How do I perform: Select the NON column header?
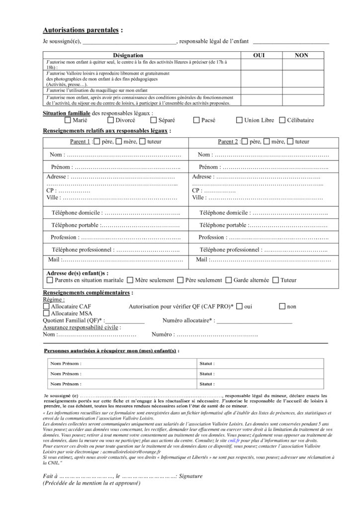tap(301, 55)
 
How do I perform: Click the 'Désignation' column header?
tap(128, 55)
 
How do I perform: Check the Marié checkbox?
tap(68, 120)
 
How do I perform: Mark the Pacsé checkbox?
tap(196, 120)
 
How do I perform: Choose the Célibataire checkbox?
tap(282, 120)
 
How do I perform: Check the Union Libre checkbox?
tap(239, 120)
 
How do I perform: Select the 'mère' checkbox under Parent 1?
tap(118, 142)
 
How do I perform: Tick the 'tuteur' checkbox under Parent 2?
tap(290, 142)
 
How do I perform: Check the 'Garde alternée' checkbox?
tap(229, 280)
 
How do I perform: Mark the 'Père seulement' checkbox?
tap(180, 280)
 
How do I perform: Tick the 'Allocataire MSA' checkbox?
tap(46, 314)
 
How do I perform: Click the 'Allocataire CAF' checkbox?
tap(46, 307)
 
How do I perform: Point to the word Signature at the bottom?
tap(190, 476)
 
